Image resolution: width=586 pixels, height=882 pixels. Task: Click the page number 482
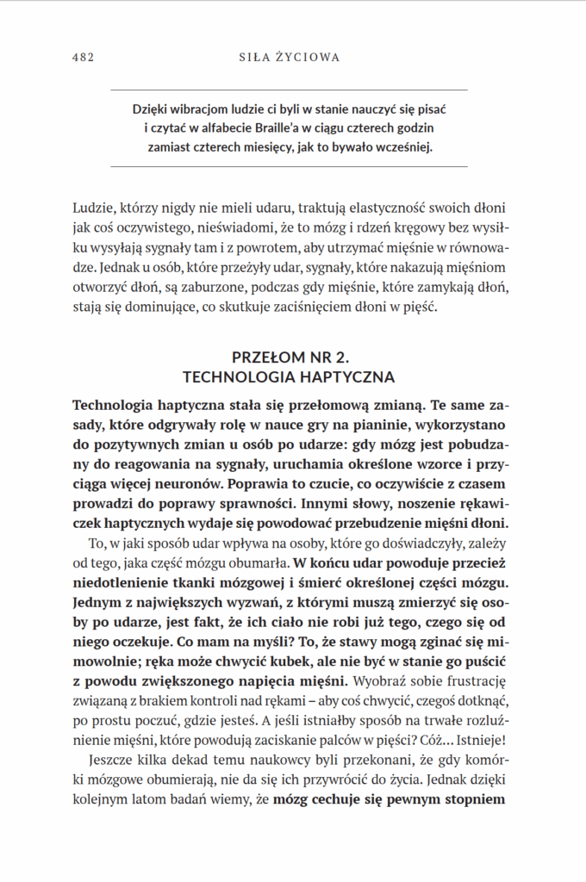[83, 57]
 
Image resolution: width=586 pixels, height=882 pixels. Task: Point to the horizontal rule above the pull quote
[290, 90]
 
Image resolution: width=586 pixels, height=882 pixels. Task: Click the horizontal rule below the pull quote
[290, 166]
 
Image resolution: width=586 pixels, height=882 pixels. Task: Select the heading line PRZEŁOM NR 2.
[290, 357]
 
